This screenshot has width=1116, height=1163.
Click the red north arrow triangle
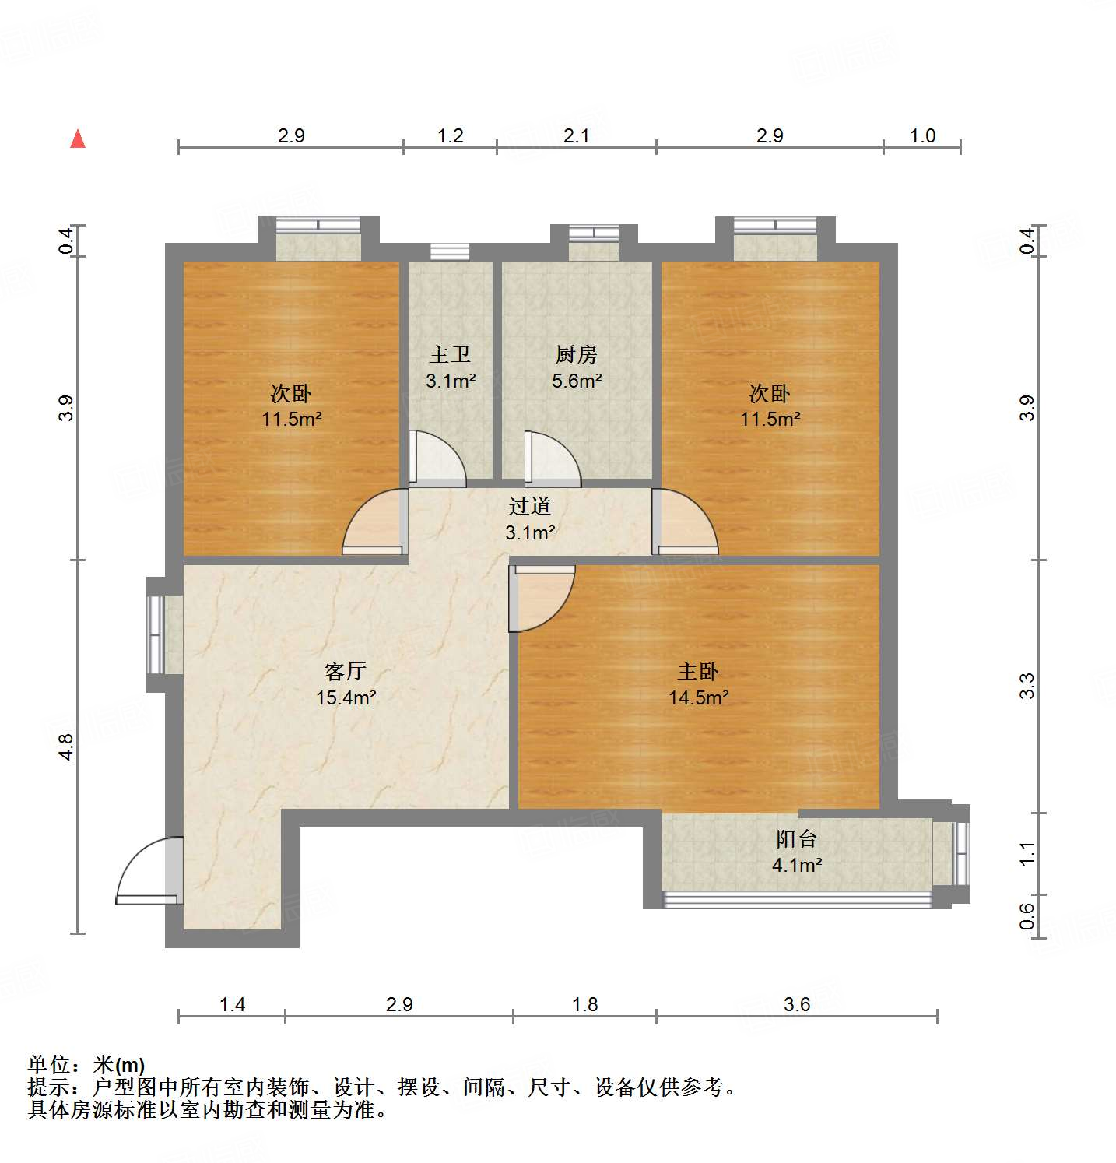point(78,139)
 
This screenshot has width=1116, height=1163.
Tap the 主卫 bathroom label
point(450,355)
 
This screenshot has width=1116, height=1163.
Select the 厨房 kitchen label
point(577,355)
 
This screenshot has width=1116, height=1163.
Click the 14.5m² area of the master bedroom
point(699,697)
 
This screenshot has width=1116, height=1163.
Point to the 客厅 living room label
point(346,671)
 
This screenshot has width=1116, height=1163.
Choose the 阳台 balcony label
point(796,839)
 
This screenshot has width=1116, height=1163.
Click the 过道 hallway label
point(530,507)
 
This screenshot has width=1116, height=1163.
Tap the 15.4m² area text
point(346,697)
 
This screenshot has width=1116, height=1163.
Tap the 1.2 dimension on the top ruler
point(450,136)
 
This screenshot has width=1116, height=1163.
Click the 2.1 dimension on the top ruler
point(576,136)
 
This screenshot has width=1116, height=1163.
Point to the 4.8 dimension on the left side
point(66,747)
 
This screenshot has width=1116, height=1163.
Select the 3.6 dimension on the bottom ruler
point(797,1005)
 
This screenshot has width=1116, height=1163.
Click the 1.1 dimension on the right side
point(1027,853)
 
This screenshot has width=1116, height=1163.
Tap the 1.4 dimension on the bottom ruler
point(232,1005)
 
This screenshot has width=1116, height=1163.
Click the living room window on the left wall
point(156,634)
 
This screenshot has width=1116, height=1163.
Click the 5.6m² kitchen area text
point(577,381)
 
